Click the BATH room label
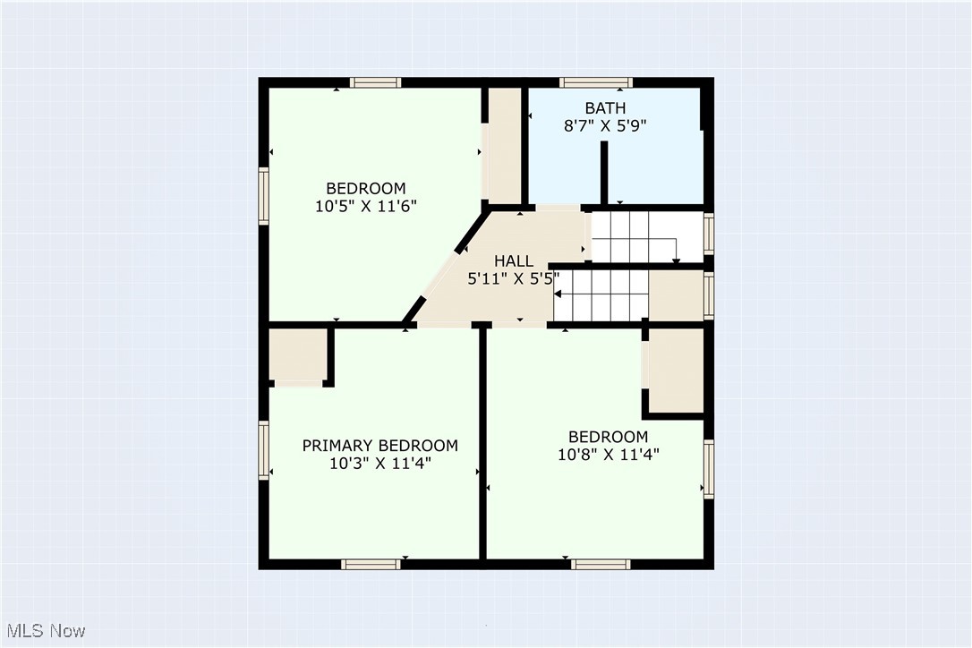tap(604, 108)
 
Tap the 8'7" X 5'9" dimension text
tap(604, 126)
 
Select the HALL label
tap(514, 261)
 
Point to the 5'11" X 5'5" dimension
tap(514, 278)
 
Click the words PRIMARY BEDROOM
tap(379, 446)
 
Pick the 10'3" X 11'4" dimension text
tap(379, 464)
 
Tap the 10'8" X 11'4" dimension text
tap(608, 454)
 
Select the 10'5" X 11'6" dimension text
tap(365, 206)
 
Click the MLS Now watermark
tap(44, 631)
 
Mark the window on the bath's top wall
tap(596, 82)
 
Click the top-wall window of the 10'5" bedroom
tap(374, 82)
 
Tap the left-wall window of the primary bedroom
tap(264, 450)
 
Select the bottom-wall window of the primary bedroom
tap(371, 564)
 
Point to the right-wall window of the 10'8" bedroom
tap(709, 468)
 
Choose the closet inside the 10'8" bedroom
tap(675, 370)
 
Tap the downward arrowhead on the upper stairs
tap(676, 260)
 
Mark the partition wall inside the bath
tap(604, 172)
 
